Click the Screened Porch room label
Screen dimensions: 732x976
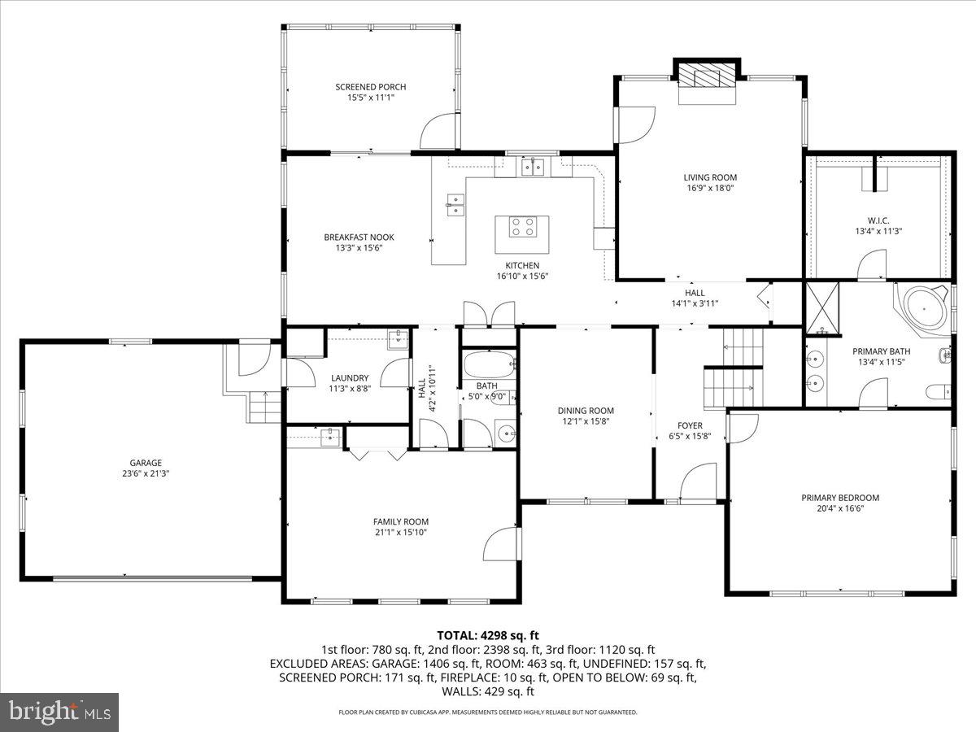pyautogui.click(x=370, y=87)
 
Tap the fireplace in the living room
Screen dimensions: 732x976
pyautogui.click(x=708, y=78)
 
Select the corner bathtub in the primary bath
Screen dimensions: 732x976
pyautogui.click(x=922, y=309)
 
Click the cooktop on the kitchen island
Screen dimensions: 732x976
pyautogui.click(x=522, y=227)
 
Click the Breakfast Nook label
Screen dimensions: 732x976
pyautogui.click(x=359, y=237)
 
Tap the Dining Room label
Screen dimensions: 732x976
pyautogui.click(x=586, y=411)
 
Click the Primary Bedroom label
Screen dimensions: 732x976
pyautogui.click(x=840, y=498)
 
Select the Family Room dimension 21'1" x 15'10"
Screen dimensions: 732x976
pyautogui.click(x=400, y=533)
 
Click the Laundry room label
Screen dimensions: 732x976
pyautogui.click(x=350, y=378)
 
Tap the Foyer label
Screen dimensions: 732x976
pyautogui.click(x=690, y=425)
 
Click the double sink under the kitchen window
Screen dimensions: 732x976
pyautogui.click(x=534, y=168)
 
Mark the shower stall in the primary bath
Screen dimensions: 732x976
pyautogui.click(x=822, y=309)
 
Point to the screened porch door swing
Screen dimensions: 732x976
pyautogui.click(x=439, y=130)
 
